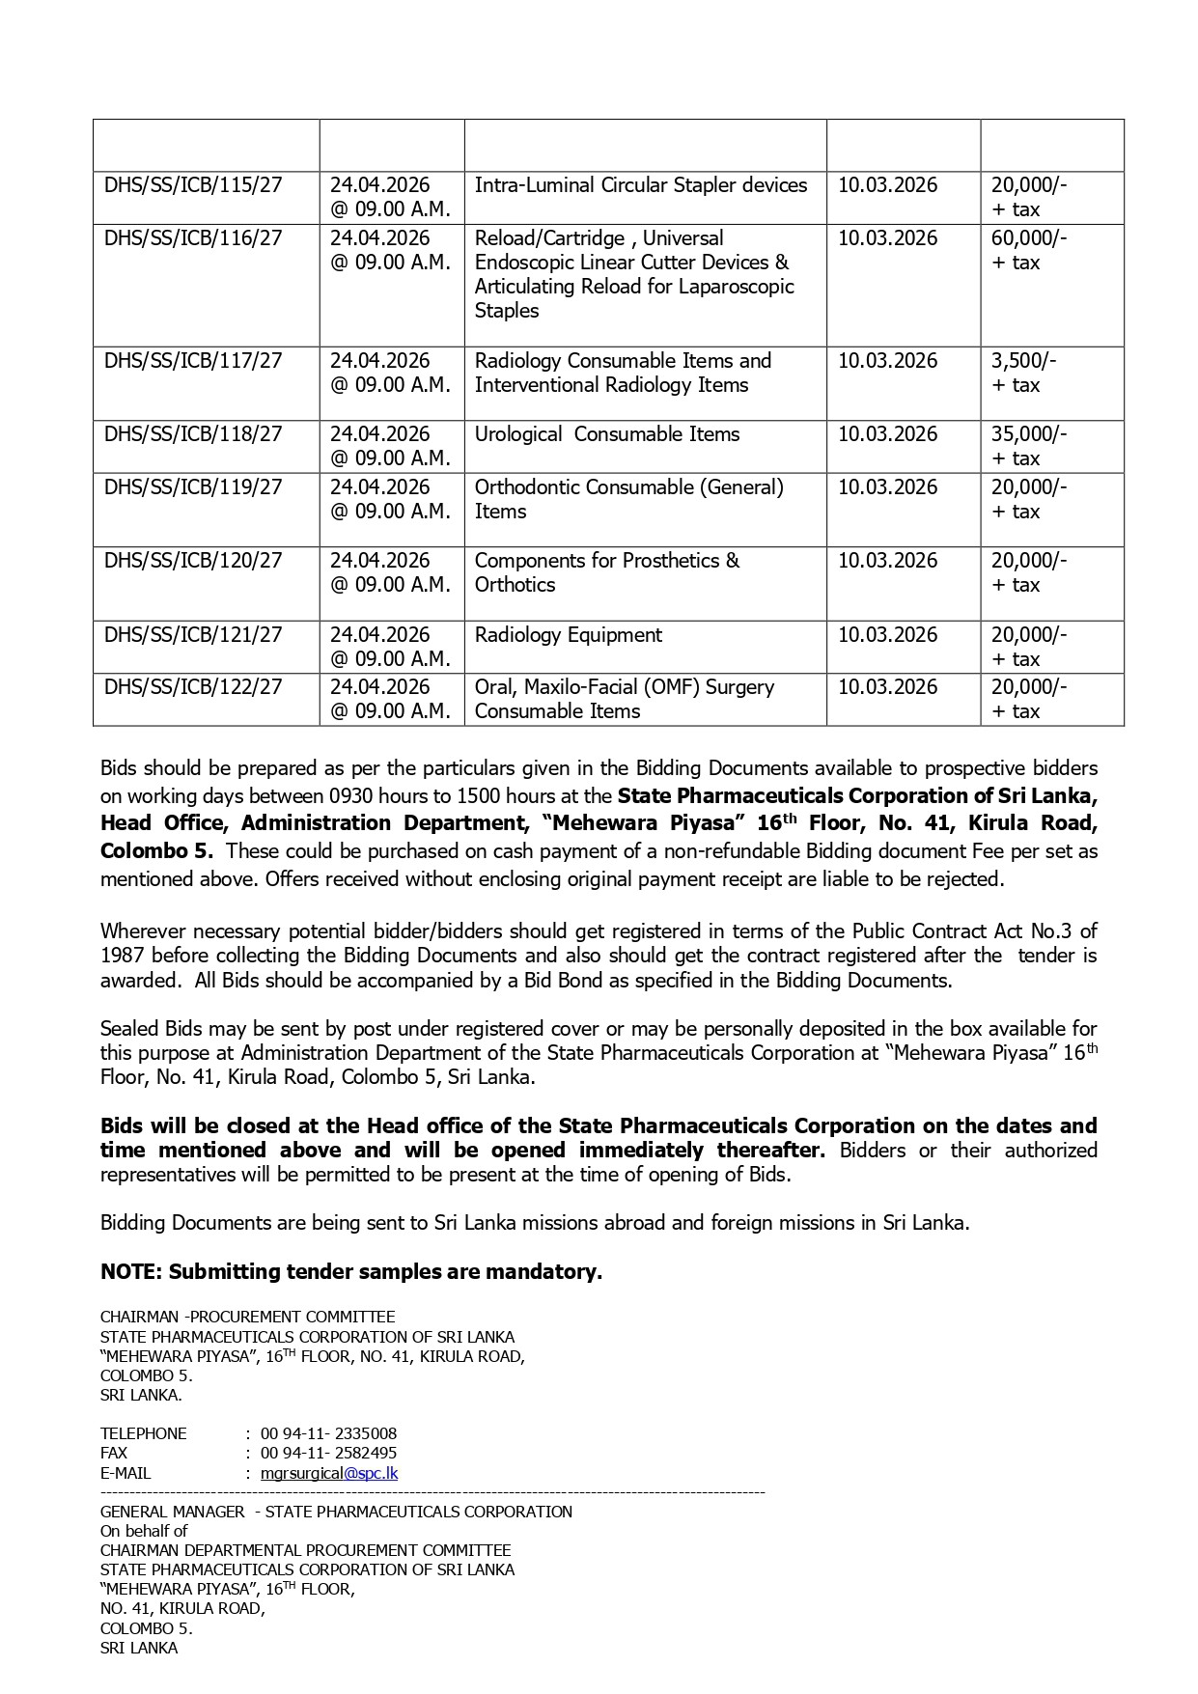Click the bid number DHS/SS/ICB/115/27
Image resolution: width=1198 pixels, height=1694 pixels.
[x=193, y=185]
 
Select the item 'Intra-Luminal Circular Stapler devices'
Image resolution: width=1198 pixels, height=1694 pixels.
[x=641, y=185]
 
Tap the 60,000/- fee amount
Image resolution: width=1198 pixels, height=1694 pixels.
[x=1029, y=238]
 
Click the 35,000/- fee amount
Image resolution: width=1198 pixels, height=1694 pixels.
[x=1029, y=434]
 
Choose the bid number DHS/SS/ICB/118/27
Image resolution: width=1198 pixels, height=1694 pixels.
[x=193, y=434]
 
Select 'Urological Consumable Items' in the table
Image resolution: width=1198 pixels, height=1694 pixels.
[x=607, y=434]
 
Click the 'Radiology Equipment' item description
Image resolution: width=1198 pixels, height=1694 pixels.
[x=569, y=635]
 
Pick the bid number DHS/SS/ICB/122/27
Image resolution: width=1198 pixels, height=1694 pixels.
[x=193, y=687]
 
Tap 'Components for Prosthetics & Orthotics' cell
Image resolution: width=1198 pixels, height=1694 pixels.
[x=606, y=572]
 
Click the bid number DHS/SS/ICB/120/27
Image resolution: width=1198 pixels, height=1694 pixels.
[x=193, y=561]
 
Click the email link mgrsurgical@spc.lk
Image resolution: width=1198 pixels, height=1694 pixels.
[x=329, y=1473]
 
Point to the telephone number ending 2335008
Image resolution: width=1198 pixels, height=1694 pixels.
[x=328, y=1433]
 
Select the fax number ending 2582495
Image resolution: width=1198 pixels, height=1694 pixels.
[x=328, y=1453]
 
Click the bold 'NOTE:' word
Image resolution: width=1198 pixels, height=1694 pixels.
[x=131, y=1272]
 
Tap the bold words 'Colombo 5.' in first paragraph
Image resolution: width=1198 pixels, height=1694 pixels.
[x=157, y=851]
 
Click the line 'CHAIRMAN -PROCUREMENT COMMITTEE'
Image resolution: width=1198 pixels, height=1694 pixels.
[x=248, y=1317]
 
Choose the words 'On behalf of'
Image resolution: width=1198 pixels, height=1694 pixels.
[x=144, y=1531]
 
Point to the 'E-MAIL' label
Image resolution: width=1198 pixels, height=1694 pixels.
[x=125, y=1473]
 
